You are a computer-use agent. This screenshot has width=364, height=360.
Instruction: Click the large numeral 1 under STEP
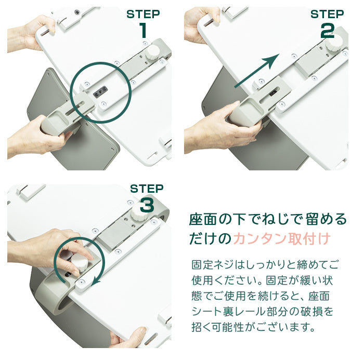[144, 30]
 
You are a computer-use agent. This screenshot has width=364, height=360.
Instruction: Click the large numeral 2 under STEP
[327, 30]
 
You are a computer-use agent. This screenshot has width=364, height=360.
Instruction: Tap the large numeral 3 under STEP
[147, 204]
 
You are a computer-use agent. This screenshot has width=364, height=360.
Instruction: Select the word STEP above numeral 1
[143, 14]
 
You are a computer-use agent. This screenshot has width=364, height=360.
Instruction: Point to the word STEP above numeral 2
[327, 14]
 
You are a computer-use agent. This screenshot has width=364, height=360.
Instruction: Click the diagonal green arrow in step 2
[257, 71]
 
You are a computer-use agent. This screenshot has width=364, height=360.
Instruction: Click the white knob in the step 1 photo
[152, 52]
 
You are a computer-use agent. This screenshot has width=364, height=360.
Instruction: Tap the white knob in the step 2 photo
[334, 42]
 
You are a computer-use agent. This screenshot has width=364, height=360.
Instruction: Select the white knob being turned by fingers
[79, 262]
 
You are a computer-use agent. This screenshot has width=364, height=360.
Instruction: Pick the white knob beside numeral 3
[139, 213]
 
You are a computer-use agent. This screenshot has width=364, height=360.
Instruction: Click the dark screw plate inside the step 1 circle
[100, 92]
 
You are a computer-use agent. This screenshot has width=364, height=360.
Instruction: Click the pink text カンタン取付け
[282, 238]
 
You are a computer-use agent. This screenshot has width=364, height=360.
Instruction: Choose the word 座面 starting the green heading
[203, 219]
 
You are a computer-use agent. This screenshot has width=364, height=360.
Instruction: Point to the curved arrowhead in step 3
[96, 281]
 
